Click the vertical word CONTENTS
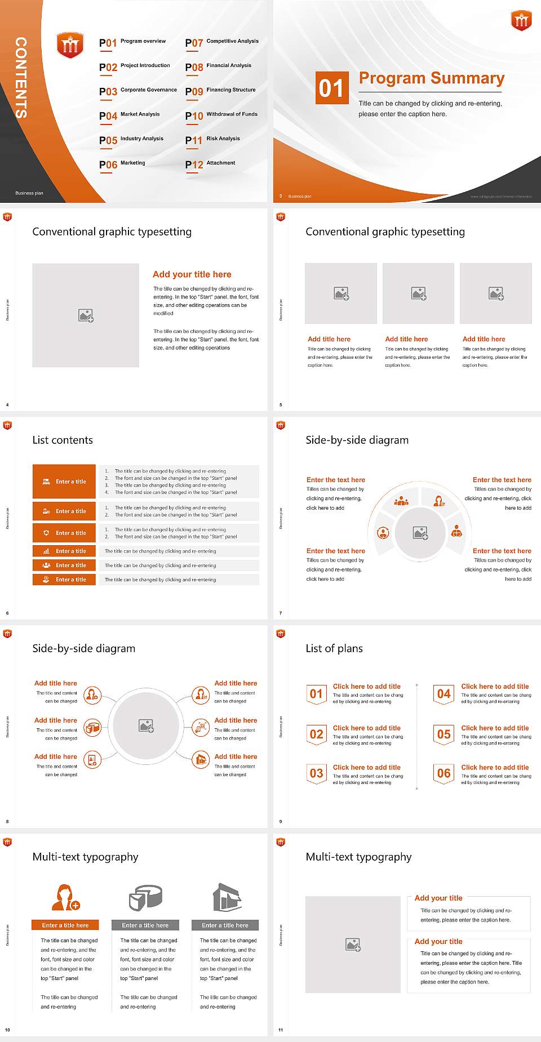[x=21, y=78]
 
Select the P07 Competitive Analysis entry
[x=221, y=42]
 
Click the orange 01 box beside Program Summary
[x=331, y=88]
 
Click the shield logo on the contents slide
[x=70, y=46]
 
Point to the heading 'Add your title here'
[x=192, y=274]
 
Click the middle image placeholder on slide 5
[x=418, y=293]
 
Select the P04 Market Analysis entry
[x=130, y=115]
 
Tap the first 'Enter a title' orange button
[x=64, y=482]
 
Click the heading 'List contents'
[x=63, y=440]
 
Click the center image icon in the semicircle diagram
[x=420, y=532]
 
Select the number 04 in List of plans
[x=444, y=694]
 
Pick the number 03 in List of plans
[x=317, y=773]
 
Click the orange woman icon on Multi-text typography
[x=65, y=898]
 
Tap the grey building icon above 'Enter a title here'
[x=228, y=897]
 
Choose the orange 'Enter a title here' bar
[x=65, y=925]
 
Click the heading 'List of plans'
[x=334, y=648]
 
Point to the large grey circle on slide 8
[x=147, y=725]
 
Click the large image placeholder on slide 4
[x=86, y=315]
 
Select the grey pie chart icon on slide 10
[x=145, y=897]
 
